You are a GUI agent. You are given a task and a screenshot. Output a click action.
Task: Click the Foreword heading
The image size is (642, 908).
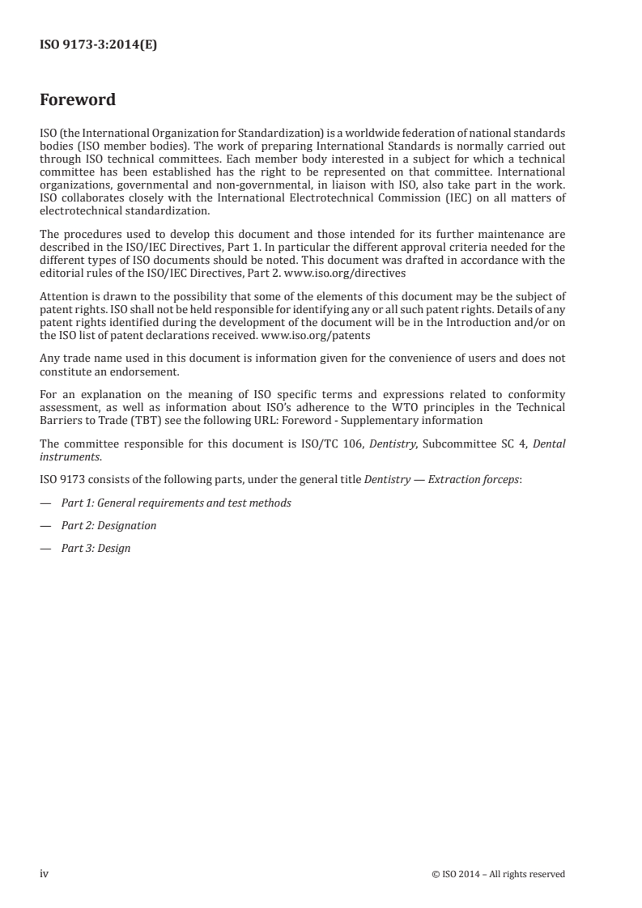78,100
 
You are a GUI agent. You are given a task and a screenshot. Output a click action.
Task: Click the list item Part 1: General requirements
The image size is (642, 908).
176,503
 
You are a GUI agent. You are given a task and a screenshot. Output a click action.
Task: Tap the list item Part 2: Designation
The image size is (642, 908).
108,525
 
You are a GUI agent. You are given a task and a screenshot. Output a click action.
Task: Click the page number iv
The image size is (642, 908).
45,873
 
